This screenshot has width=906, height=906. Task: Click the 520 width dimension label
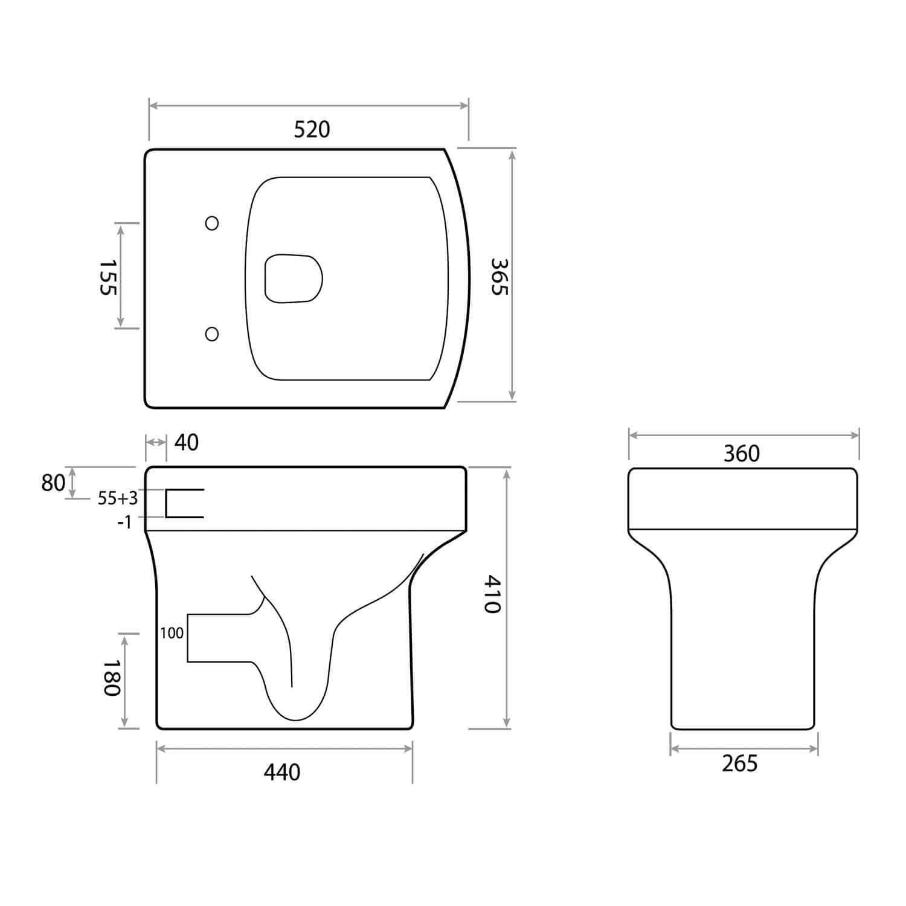point(312,129)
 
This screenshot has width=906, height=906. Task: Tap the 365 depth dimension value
point(500,277)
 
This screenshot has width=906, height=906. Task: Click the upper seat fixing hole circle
point(212,223)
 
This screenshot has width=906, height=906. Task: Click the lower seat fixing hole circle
point(212,334)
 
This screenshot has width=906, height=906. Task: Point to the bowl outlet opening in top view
point(294,278)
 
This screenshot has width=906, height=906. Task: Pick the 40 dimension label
point(186,443)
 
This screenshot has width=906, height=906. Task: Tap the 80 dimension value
point(53,483)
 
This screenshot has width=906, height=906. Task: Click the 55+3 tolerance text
point(118,498)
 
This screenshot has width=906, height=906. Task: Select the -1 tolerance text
point(124,522)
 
